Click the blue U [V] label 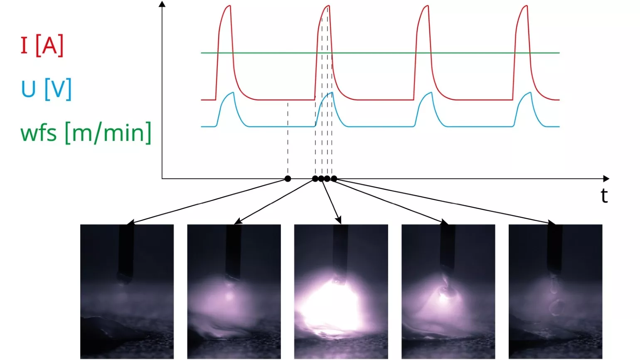tap(46, 89)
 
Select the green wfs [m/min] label tap(86, 133)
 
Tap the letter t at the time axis tap(604, 196)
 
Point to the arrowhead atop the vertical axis tap(162, 4)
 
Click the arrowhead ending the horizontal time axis tap(606, 179)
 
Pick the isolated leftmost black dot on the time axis tap(288, 179)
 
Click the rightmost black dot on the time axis tap(334, 179)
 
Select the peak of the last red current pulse tap(526, 6)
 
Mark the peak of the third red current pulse tap(427, 6)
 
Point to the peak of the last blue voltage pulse tap(530, 92)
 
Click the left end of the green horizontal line tap(202, 53)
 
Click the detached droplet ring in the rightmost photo tap(556, 307)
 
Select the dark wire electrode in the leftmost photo tap(126, 249)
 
